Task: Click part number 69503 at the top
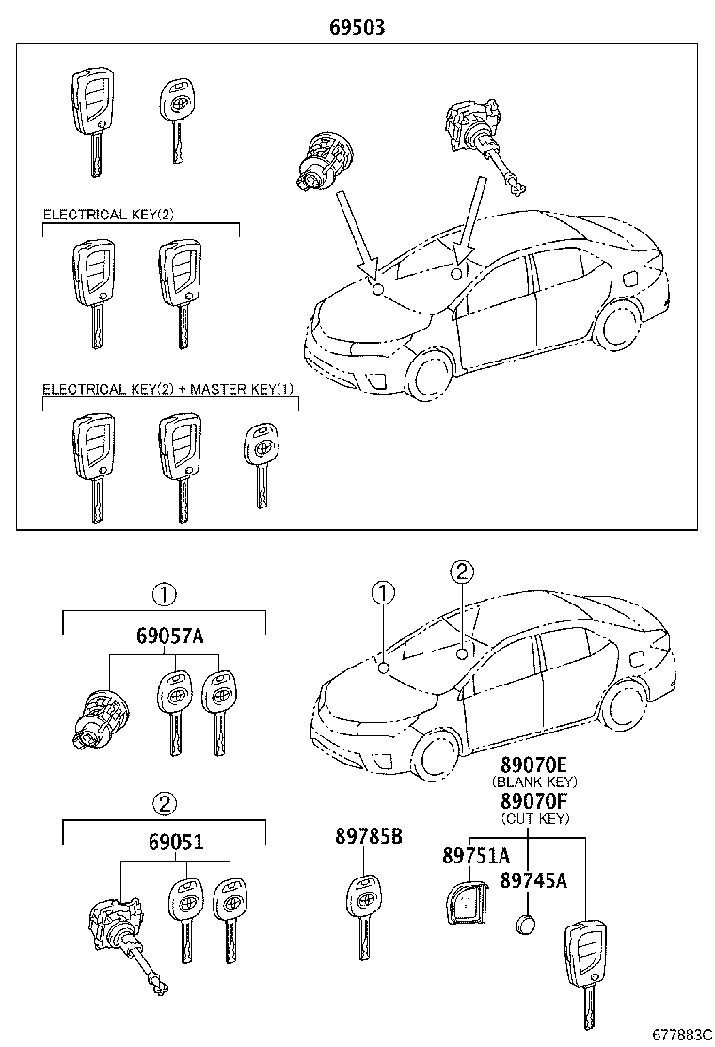[357, 27]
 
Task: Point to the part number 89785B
[368, 837]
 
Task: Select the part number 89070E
[534, 764]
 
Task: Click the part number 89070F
[534, 801]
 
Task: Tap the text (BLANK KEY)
[534, 781]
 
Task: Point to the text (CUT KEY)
[534, 819]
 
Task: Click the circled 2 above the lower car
[461, 572]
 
